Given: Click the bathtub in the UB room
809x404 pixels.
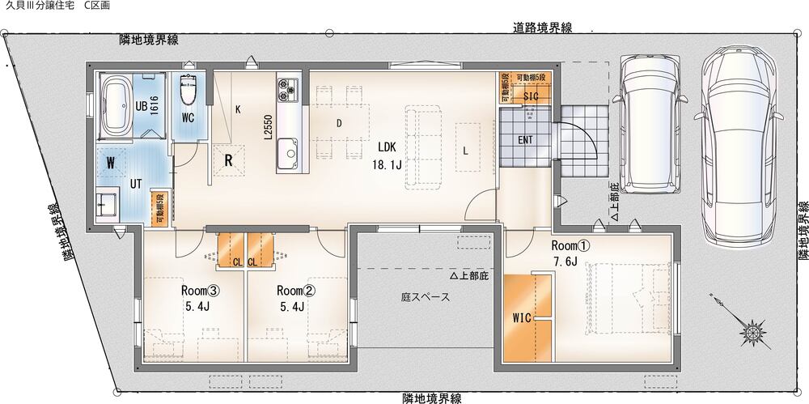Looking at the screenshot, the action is click(x=116, y=106).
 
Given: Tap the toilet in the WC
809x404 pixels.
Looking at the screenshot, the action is click(x=188, y=90).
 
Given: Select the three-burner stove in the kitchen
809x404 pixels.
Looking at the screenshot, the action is click(x=287, y=90).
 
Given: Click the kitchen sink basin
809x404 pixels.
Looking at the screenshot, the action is click(x=290, y=151).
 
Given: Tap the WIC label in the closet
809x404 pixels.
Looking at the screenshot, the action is click(x=522, y=318).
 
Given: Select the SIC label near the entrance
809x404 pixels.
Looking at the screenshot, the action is click(x=531, y=96).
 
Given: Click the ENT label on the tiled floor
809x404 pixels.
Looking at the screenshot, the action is click(x=525, y=140).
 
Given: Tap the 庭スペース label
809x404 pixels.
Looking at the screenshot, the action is click(x=426, y=298).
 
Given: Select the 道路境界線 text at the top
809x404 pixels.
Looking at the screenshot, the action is click(x=542, y=28).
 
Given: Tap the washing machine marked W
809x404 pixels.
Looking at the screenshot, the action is click(x=111, y=162).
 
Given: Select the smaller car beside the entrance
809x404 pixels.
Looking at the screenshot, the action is click(x=654, y=124).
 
